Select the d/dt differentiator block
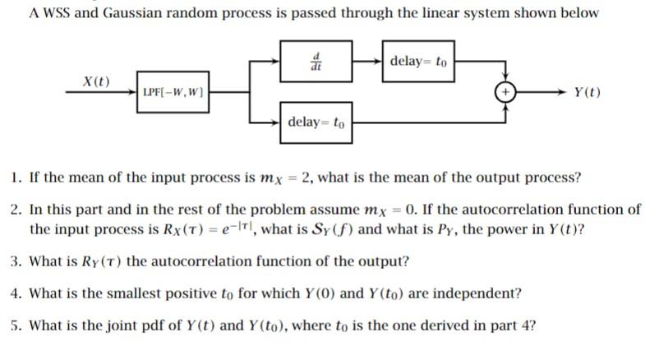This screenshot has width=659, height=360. coord(316,61)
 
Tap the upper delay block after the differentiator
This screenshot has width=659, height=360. coord(418,61)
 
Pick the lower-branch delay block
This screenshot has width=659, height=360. coord(316,123)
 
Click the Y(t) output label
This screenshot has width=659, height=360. coord(588,92)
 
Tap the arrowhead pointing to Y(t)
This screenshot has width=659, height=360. coord(561,92)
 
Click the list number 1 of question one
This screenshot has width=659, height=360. coord(16,178)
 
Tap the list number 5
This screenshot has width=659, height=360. coord(16,325)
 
